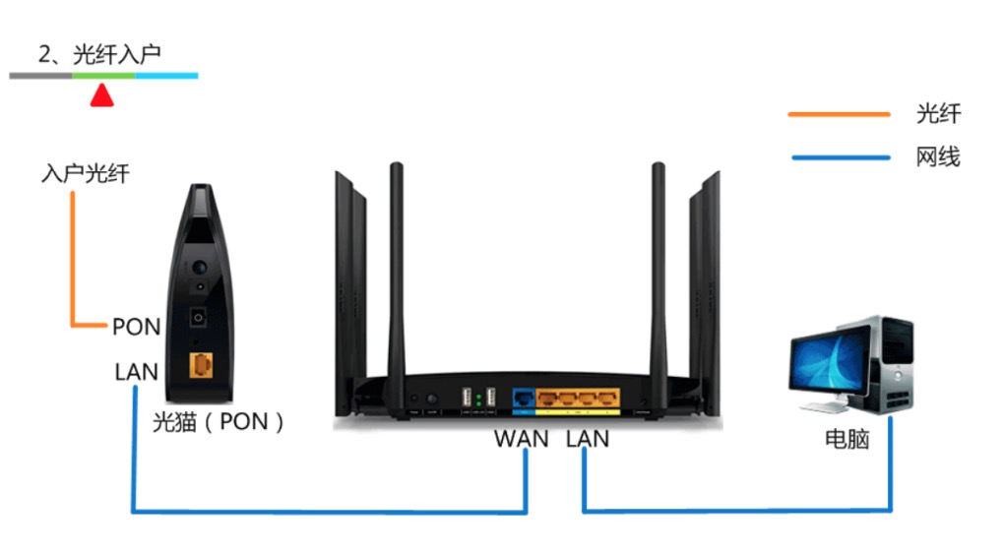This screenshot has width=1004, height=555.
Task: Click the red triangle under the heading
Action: coord(101,95)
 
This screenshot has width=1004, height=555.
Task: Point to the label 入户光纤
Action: coord(86,174)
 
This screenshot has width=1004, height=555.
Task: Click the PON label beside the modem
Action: coord(136,327)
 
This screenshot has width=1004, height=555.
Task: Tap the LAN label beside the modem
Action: coord(137,372)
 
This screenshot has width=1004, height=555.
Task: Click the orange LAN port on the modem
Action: coord(201,365)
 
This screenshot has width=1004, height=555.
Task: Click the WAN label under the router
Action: coord(521,439)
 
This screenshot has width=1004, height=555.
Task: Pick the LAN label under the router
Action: coord(588,439)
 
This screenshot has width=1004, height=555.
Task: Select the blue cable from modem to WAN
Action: coord(325,512)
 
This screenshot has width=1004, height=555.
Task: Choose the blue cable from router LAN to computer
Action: coord(738,511)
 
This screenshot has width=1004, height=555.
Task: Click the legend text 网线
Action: coord(938,156)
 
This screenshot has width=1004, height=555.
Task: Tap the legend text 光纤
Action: coord(938,114)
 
